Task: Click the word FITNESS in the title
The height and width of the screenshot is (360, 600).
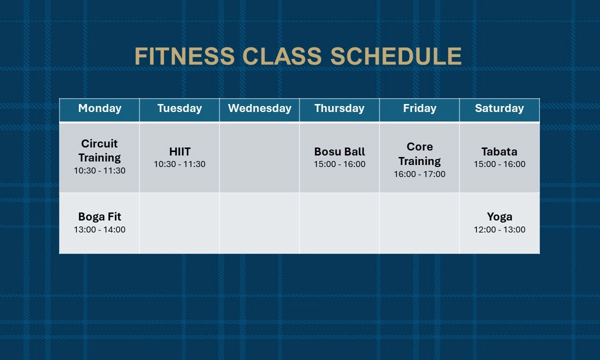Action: tap(185, 56)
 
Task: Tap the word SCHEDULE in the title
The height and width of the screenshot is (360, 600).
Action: tap(396, 56)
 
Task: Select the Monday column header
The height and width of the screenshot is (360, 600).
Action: tap(99, 108)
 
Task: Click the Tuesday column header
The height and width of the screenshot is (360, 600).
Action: tap(179, 108)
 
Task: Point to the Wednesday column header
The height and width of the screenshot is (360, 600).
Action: tap(259, 108)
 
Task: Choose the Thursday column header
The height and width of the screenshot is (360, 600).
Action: tap(339, 108)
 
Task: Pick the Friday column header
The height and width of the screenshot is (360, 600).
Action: tap(419, 108)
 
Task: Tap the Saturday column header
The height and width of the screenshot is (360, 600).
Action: tap(499, 108)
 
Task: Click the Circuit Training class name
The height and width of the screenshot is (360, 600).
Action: tap(99, 150)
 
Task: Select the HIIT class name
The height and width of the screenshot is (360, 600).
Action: tap(179, 151)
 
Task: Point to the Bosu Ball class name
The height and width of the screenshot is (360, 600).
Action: tap(339, 151)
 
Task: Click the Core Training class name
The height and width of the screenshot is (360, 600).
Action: tap(419, 154)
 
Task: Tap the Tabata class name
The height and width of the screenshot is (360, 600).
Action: tap(499, 151)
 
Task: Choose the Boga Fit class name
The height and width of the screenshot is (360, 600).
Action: tap(99, 216)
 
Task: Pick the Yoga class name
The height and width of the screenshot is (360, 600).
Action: tap(499, 217)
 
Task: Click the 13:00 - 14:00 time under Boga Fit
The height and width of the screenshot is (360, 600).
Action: tap(99, 229)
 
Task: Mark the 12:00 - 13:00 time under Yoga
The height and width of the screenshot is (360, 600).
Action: tap(499, 229)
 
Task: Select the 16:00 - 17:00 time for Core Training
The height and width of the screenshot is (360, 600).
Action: tap(419, 174)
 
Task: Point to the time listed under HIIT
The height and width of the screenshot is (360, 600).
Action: tap(179, 164)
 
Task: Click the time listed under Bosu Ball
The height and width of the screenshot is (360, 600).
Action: tap(339, 164)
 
